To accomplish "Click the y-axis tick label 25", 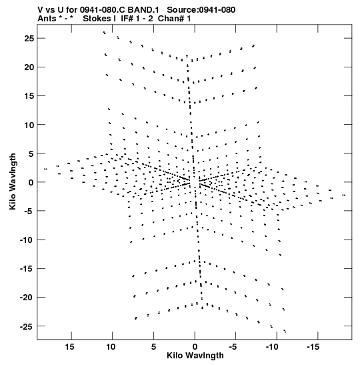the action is [29, 38].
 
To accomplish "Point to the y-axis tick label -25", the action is [27, 326].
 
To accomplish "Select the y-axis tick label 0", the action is [31, 182].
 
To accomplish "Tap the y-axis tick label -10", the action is [27, 240].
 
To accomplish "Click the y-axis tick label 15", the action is [29, 95].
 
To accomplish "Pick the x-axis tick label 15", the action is [69, 347].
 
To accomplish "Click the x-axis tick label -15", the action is [313, 347].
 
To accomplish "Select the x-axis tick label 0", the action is [195, 347].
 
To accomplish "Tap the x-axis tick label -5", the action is [233, 347].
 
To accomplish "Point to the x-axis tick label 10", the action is [111, 347].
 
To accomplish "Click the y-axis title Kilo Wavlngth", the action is [13, 181].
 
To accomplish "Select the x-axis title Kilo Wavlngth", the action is [195, 356].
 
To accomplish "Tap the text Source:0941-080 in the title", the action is [201, 10].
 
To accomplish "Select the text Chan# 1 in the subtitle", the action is [174, 19].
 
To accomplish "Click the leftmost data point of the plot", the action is [45, 169].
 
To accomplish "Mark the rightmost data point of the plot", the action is [344, 195].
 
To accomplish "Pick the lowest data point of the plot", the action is [285, 331].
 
